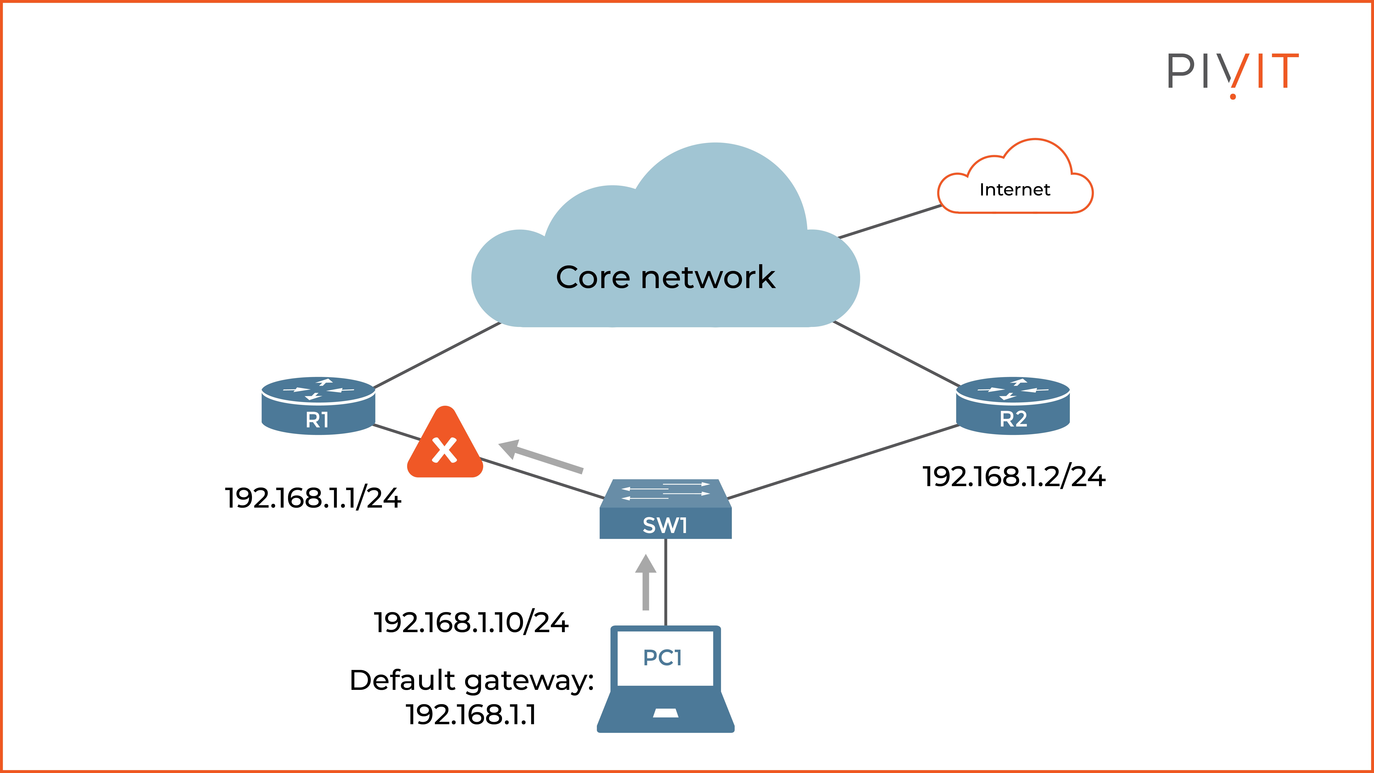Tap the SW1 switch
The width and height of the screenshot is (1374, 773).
pos(665,509)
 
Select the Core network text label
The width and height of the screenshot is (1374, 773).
pos(665,277)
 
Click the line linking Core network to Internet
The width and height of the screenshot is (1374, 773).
pos(890,221)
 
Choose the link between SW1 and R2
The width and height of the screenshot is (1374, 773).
pos(843,462)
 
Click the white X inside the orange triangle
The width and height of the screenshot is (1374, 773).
pos(444,450)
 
